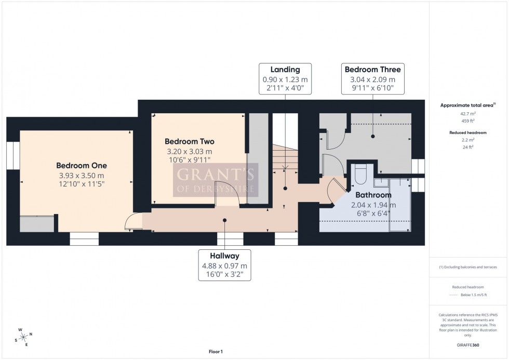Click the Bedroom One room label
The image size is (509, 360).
(x=82, y=165)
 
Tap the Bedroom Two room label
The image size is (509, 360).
(x=189, y=141)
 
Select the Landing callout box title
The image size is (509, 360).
(x=285, y=70)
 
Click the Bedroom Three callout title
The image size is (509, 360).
(x=372, y=70)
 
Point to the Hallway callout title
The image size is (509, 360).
(x=224, y=256)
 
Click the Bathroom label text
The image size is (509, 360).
(x=372, y=195)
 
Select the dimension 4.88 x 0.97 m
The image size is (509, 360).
(x=224, y=265)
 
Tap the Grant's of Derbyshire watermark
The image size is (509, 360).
(x=215, y=180)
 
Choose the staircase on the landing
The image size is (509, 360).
(x=285, y=156)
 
